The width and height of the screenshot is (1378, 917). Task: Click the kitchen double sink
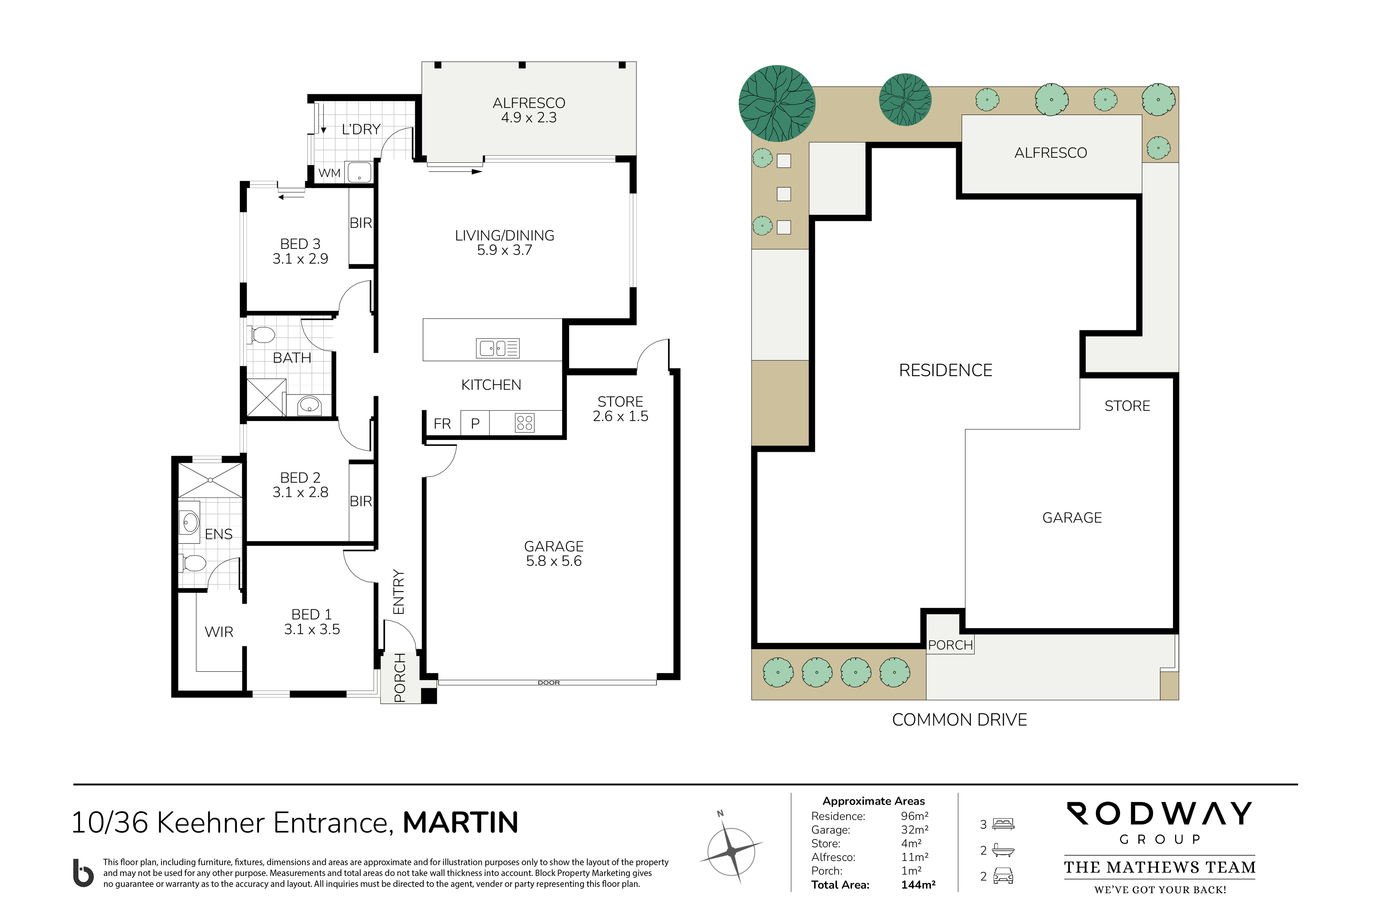(497, 348)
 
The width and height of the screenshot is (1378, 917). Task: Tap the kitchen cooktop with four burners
(524, 423)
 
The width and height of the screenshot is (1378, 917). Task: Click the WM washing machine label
(329, 173)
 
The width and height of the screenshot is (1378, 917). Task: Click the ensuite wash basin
(189, 522)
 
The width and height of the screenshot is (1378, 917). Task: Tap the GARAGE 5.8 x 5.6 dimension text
(554, 561)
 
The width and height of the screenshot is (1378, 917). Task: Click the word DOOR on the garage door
(548, 682)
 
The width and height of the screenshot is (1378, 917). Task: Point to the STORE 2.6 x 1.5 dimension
(620, 416)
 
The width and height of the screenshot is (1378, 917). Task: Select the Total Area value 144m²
(918, 885)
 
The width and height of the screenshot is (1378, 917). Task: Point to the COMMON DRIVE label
(959, 720)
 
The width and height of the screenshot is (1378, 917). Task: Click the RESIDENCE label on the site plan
(945, 370)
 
